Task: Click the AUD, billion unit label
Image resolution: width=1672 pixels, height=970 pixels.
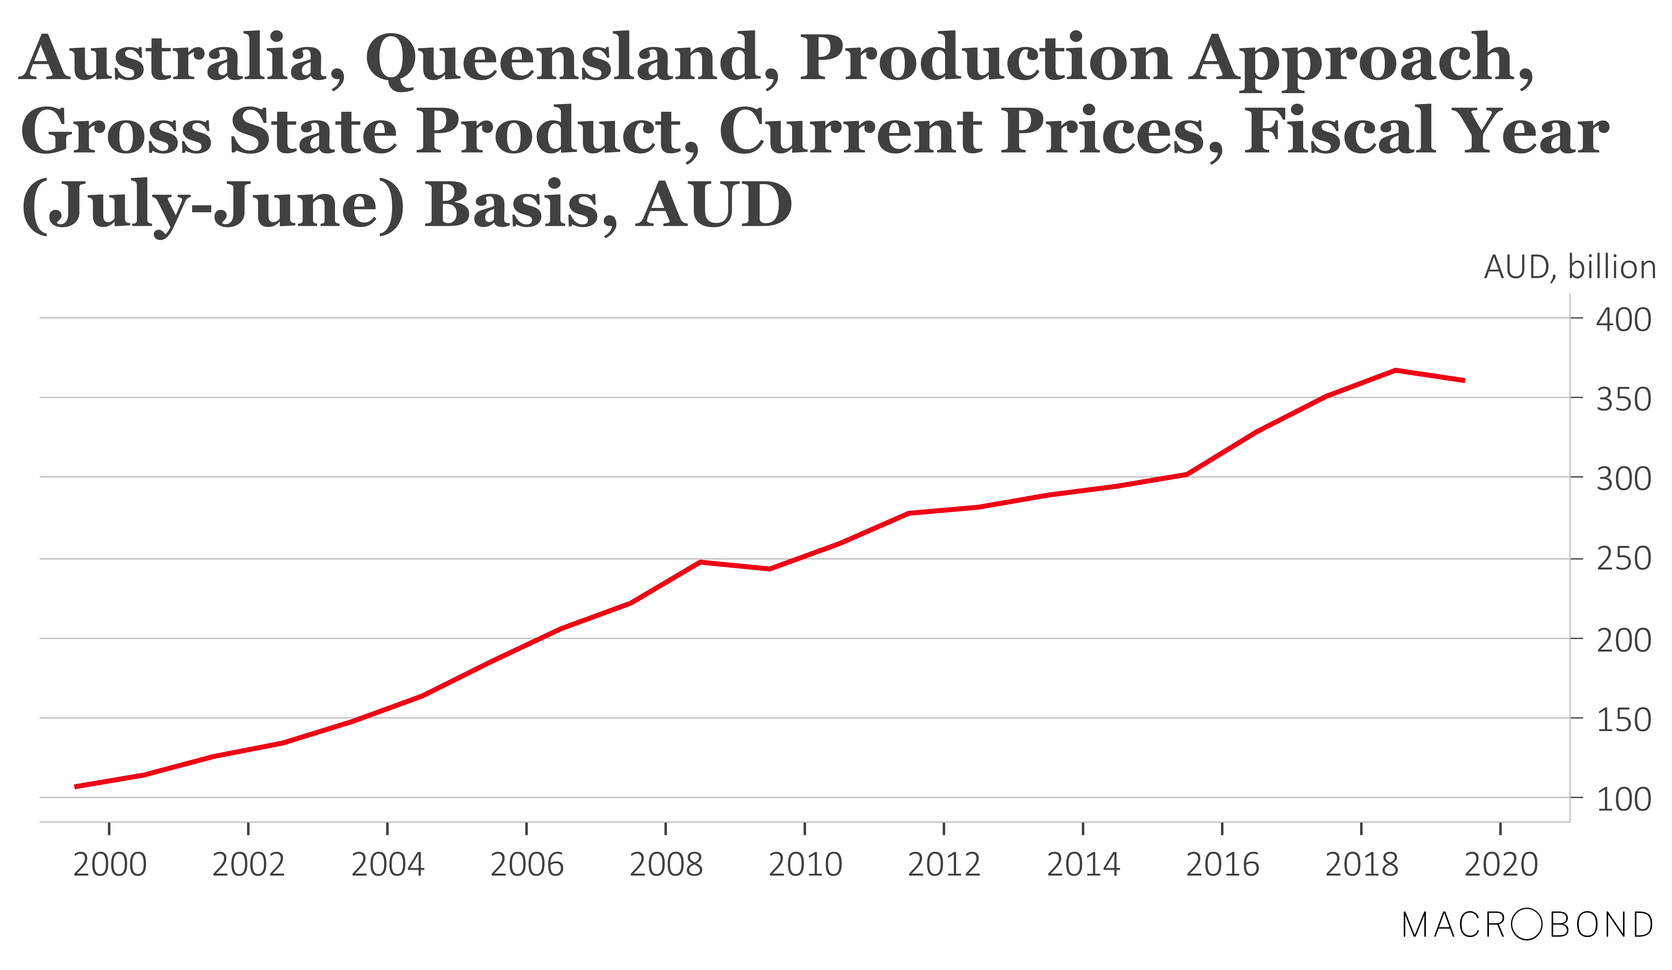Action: coord(1569,267)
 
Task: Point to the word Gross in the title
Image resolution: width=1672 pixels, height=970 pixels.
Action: coord(116,131)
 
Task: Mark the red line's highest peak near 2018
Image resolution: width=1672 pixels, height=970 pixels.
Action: coord(1396,370)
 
